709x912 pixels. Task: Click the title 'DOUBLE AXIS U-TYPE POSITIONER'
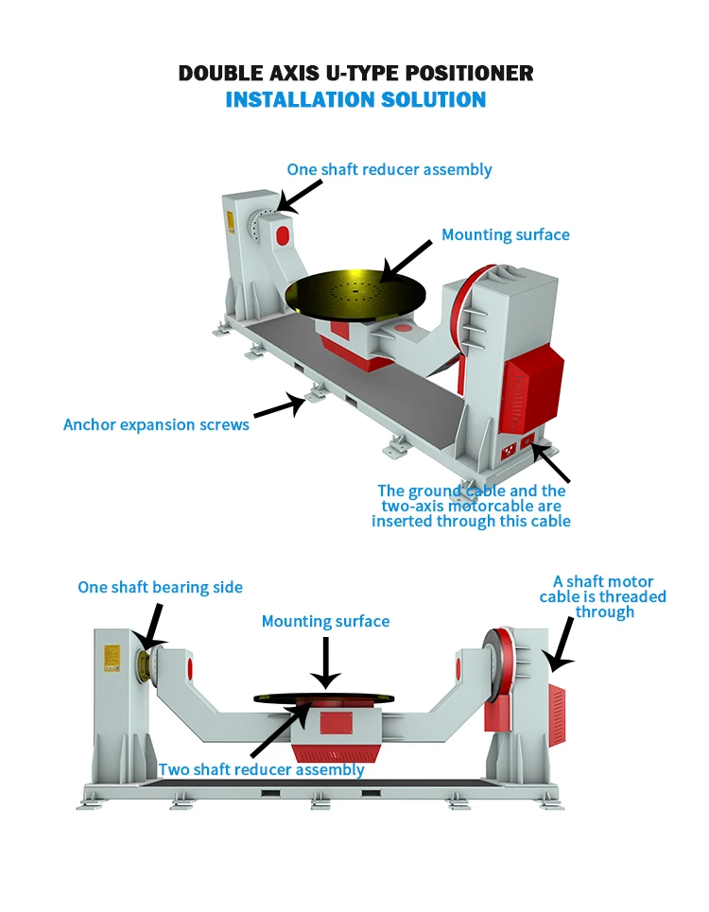[x=355, y=74]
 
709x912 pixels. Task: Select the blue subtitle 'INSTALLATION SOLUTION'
[x=355, y=99]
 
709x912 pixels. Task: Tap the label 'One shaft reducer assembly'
[x=389, y=170]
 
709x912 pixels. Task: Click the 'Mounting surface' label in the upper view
[x=506, y=234]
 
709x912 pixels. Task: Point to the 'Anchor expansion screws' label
[x=156, y=424]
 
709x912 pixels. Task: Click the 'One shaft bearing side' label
[x=160, y=588]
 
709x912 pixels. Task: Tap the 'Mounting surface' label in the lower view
[x=325, y=622]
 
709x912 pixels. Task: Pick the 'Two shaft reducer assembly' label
[x=261, y=769]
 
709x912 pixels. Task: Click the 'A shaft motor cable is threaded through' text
[x=603, y=596]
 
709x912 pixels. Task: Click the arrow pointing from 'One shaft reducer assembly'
[x=301, y=198]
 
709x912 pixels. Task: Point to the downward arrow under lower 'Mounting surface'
[x=325, y=662]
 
